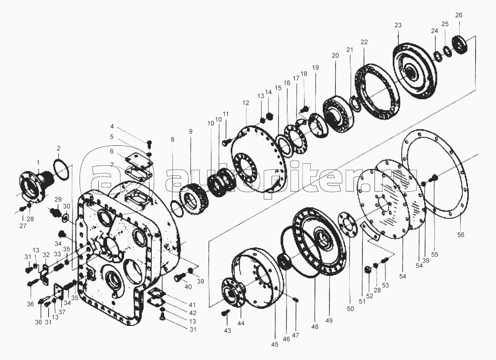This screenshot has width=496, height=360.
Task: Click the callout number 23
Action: click(398, 25)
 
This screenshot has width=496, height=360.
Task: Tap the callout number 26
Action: click(459, 15)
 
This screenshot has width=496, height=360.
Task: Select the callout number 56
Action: click(461, 234)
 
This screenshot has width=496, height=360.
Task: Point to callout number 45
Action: click(275, 344)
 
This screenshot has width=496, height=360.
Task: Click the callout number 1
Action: click(38, 163)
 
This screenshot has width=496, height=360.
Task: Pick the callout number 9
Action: click(191, 132)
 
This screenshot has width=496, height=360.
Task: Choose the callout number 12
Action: click(246, 103)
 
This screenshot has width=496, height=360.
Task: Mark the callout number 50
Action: click(350, 309)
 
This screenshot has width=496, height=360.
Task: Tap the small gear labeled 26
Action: click(460, 47)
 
